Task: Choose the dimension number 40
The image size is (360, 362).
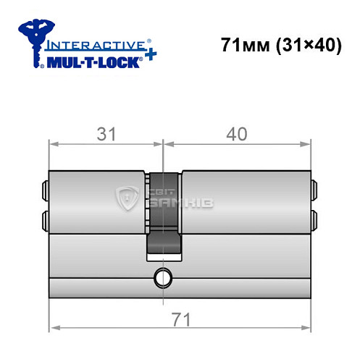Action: [x=237, y=134]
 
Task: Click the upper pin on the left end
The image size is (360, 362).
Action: [x=46, y=189]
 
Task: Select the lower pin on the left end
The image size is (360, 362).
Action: [x=46, y=219]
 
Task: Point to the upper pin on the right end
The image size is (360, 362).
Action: [x=314, y=189]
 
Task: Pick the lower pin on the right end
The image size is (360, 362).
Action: [x=314, y=219]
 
